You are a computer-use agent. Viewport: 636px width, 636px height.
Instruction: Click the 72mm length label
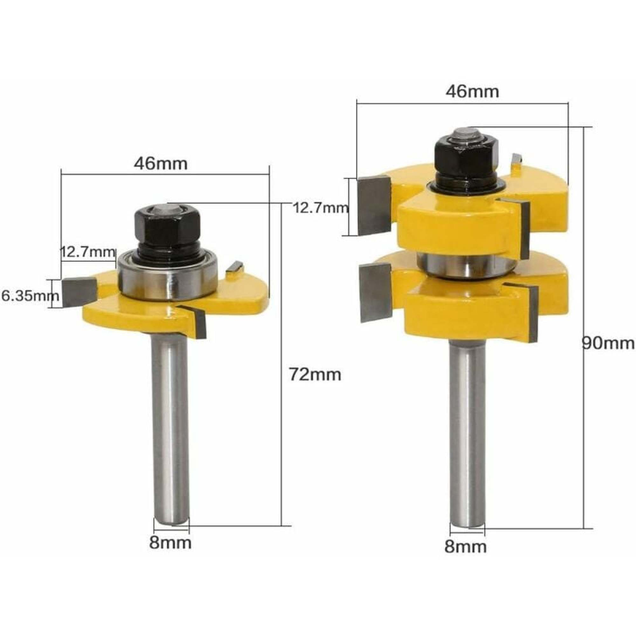click(x=315, y=375)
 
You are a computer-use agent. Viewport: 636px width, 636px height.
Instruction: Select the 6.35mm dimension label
click(x=30, y=296)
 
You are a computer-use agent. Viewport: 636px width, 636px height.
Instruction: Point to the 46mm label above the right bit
click(x=472, y=92)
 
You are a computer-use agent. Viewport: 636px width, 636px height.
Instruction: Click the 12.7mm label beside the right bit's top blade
click(x=320, y=208)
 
